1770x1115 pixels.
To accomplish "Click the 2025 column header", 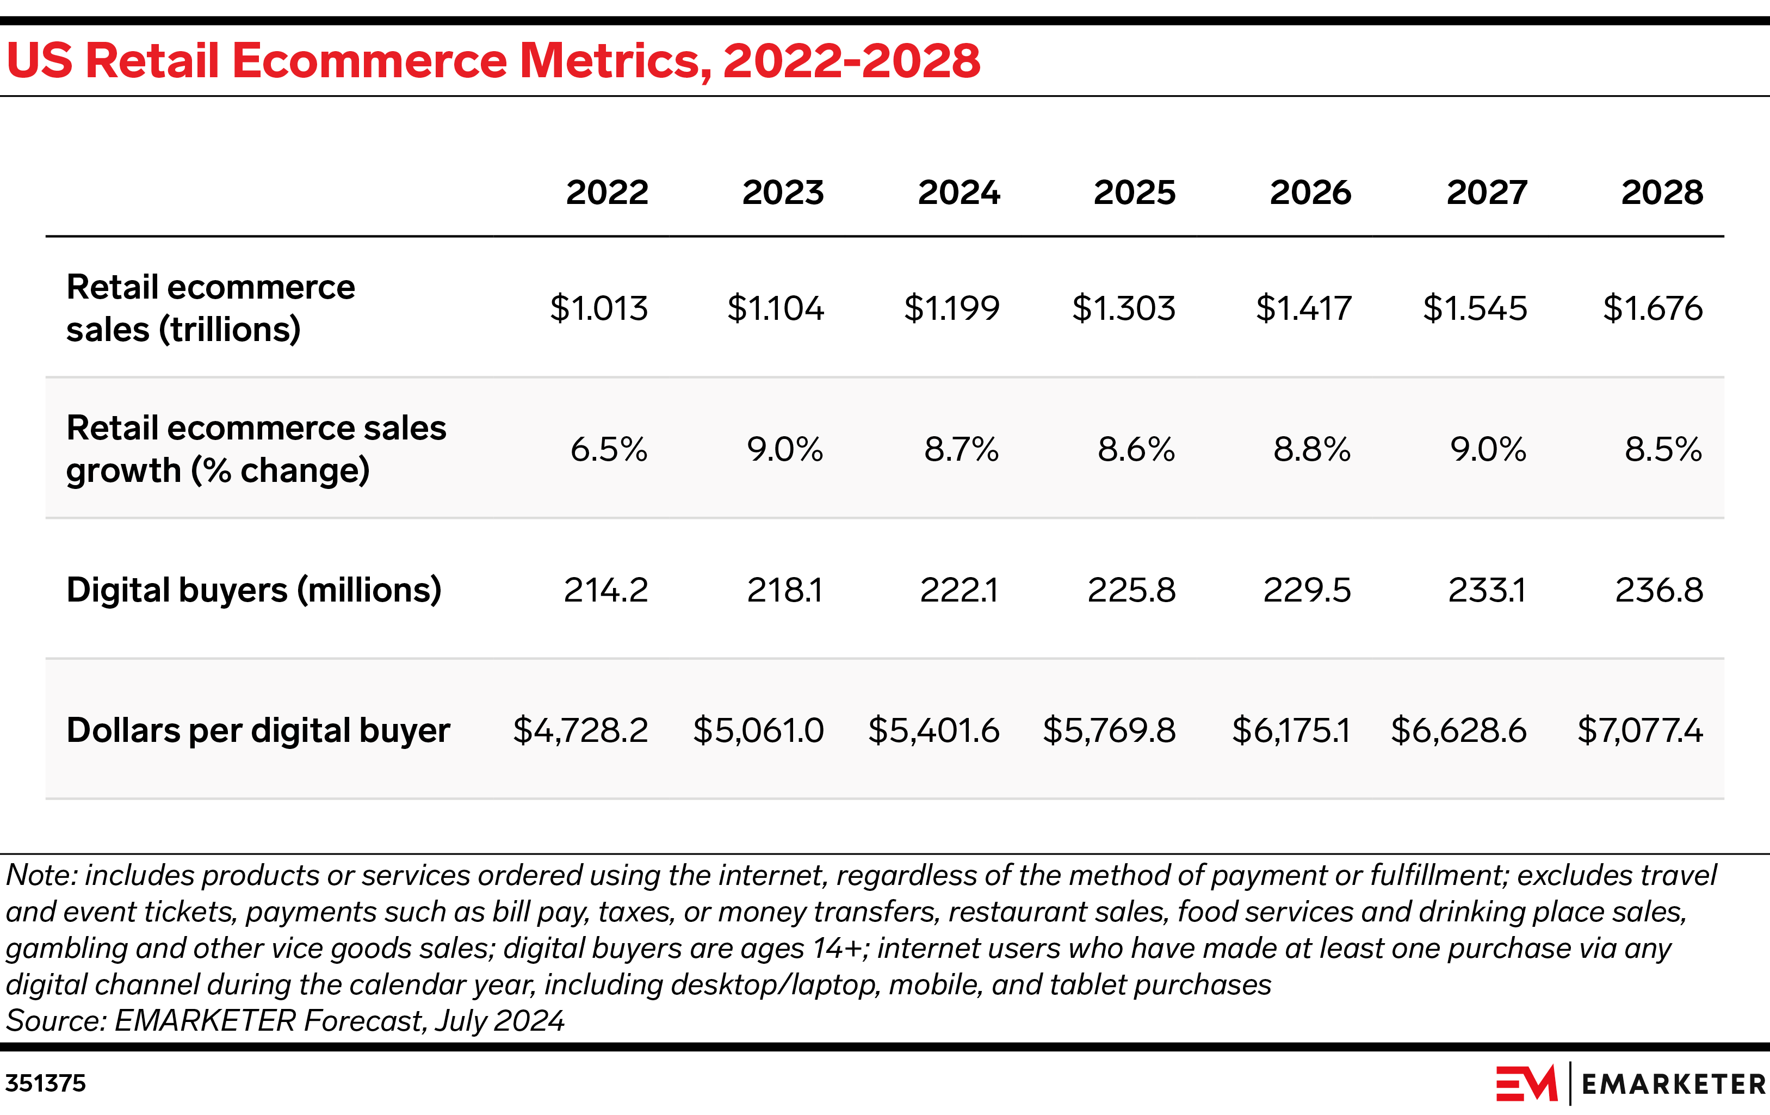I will click(1134, 193).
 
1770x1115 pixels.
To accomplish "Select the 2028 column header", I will click(1662, 193).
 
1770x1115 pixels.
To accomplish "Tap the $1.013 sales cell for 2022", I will click(599, 308).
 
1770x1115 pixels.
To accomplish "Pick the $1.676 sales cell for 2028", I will click(1653, 308).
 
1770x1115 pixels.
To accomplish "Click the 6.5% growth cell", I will click(609, 449).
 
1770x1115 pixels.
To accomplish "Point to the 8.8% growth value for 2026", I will click(1312, 449).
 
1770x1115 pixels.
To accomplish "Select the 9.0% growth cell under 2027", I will click(1488, 449).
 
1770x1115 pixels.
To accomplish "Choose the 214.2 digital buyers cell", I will click(605, 590).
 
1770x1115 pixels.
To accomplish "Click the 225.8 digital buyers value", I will click(1131, 590).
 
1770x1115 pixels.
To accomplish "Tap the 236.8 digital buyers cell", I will click(1659, 590).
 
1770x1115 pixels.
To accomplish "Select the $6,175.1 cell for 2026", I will click(1291, 730).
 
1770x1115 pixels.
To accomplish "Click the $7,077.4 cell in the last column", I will click(1640, 730).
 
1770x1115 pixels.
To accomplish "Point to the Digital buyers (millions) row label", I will click(253, 590).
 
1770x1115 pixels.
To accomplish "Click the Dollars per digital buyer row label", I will click(258, 730).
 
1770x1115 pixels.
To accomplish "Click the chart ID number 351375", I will click(46, 1083).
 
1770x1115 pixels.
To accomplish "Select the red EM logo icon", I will click(1526, 1083).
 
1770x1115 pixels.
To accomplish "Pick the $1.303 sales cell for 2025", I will click(1123, 308).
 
